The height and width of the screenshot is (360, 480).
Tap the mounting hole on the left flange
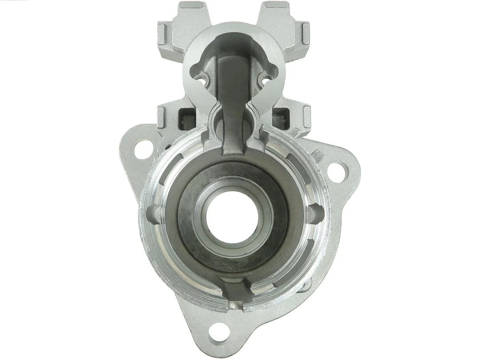pyautogui.click(x=143, y=148)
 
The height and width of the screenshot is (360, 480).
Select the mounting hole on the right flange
pyautogui.click(x=336, y=170)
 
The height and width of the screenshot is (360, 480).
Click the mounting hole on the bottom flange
pyautogui.click(x=217, y=331)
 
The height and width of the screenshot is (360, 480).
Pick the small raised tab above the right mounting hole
pyautogui.click(x=317, y=155)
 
